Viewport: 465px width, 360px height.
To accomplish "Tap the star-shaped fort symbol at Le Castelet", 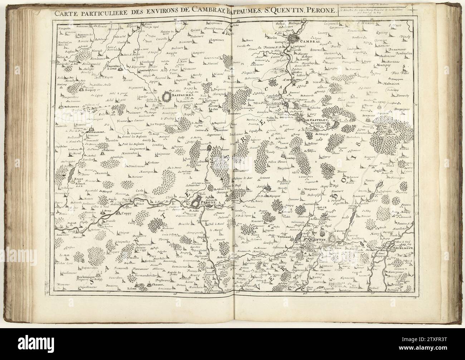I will tap(299, 119).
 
